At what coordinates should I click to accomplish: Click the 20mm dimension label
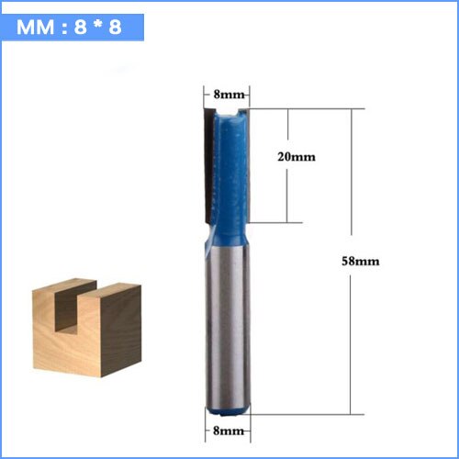(297, 156)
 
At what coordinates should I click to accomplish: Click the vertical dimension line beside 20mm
(289, 166)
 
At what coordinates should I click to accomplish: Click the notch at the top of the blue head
(229, 114)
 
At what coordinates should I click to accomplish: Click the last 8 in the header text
(115, 27)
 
